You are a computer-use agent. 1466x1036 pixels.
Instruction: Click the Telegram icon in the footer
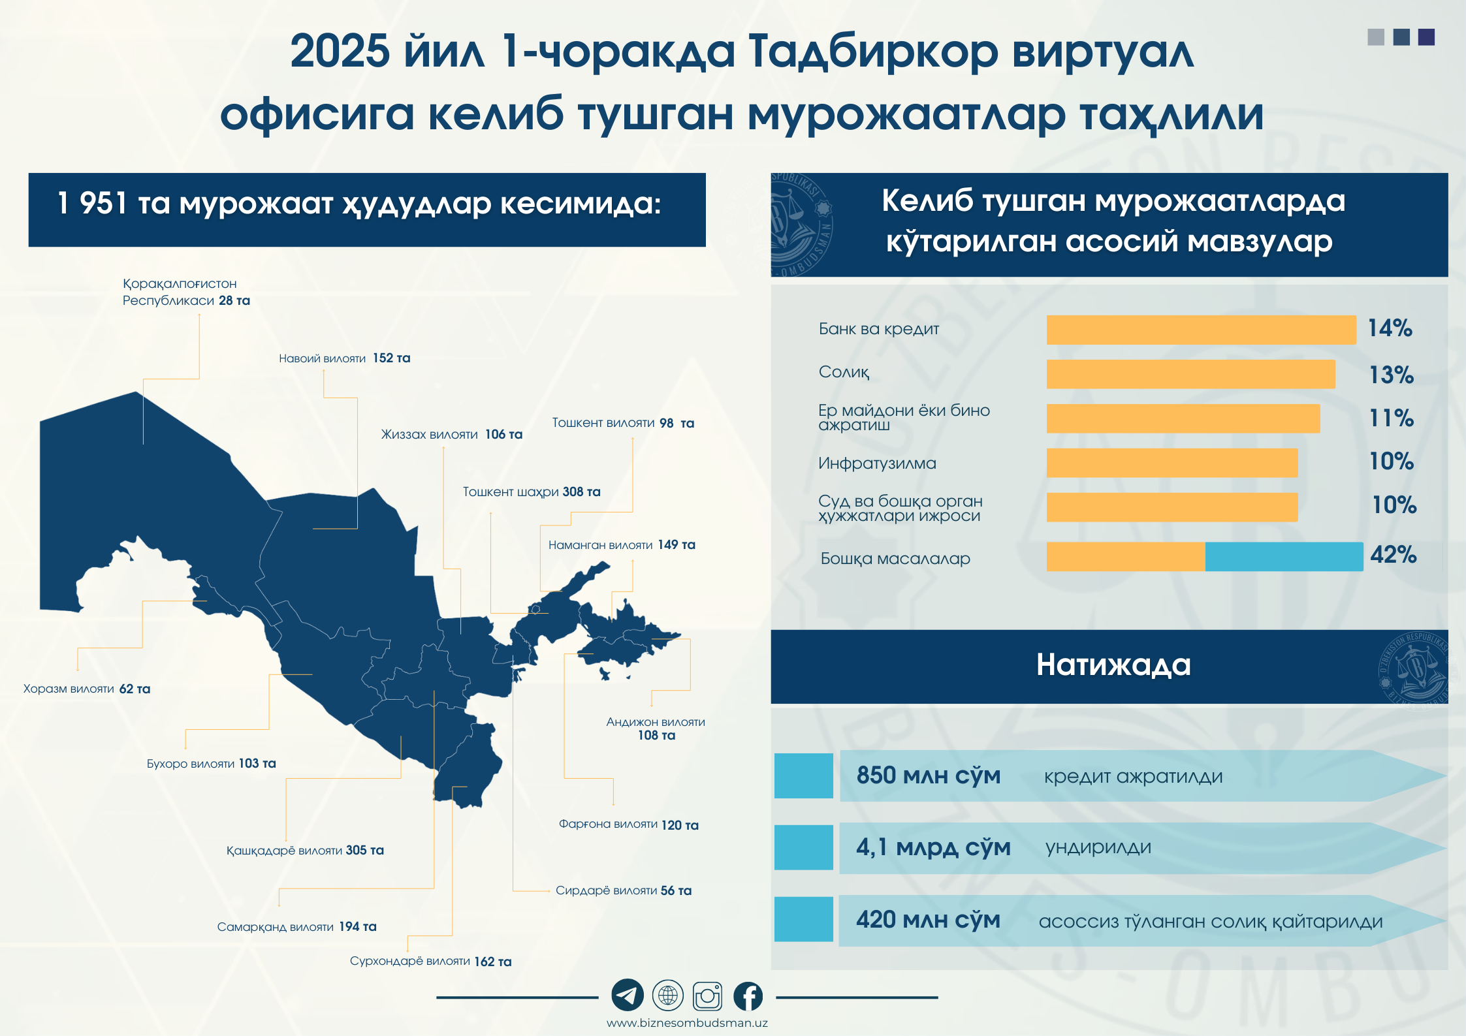[628, 996]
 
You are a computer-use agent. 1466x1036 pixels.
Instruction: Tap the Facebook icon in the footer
[748, 996]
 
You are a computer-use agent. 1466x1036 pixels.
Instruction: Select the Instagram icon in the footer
[708, 996]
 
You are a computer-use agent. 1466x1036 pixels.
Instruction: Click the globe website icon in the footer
[667, 996]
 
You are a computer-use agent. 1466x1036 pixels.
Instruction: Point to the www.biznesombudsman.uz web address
[687, 1023]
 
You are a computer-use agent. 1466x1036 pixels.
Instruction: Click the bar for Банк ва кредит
[1202, 330]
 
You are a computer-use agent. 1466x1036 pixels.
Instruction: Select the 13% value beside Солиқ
[1392, 375]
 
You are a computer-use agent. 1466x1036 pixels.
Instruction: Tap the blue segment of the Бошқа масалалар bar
[1284, 557]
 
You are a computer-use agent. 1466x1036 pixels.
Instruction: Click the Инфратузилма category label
[877, 463]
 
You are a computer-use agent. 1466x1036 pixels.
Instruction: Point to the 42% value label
[1394, 555]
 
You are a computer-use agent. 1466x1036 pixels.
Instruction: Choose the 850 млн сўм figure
[929, 776]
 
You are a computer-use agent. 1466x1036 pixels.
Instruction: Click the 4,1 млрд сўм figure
[934, 847]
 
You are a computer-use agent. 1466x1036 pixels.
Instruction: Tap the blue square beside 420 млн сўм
[804, 920]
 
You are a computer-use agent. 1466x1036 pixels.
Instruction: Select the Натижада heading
[1113, 665]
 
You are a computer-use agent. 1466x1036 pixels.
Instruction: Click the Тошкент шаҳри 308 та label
[532, 492]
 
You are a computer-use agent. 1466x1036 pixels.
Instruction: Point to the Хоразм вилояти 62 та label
[87, 689]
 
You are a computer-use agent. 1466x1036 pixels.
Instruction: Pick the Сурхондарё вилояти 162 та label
[430, 961]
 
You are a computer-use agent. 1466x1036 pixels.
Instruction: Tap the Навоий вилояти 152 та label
[344, 358]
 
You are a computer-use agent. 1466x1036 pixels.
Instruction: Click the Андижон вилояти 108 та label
[656, 729]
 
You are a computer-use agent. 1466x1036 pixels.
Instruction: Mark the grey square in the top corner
[1376, 37]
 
